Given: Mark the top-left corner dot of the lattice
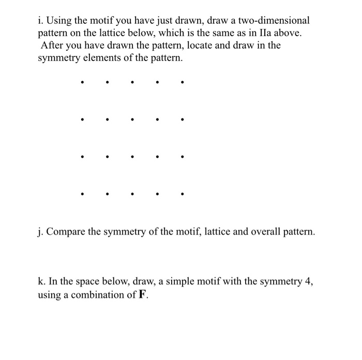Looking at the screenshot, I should click(x=82, y=81).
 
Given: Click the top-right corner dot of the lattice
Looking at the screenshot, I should click(x=182, y=81).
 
